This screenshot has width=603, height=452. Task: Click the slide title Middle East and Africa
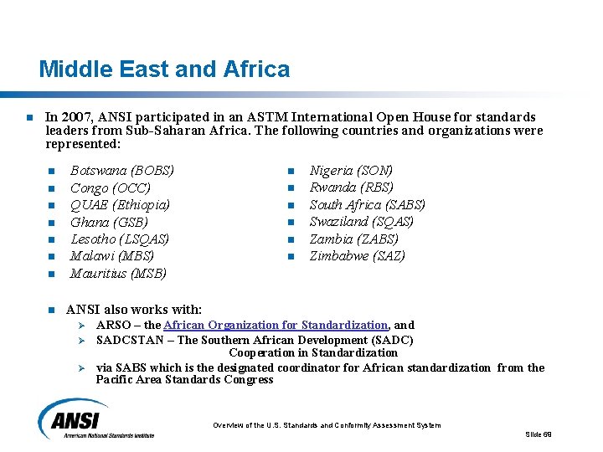(x=164, y=69)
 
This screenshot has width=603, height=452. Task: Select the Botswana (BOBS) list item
(x=122, y=171)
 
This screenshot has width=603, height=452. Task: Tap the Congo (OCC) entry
(x=111, y=187)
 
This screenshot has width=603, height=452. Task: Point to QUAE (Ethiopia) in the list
(x=121, y=205)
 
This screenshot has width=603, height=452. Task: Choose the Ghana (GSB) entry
(x=109, y=222)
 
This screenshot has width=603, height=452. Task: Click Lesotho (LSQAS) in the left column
(x=120, y=239)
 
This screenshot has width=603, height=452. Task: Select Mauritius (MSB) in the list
(x=118, y=273)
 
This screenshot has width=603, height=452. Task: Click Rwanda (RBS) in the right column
(x=352, y=187)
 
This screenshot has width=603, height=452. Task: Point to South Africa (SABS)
(x=368, y=205)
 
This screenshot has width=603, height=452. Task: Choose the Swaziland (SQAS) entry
(x=362, y=222)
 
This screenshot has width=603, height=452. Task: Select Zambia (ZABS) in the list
(x=354, y=239)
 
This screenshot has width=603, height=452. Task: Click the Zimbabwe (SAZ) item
(x=358, y=256)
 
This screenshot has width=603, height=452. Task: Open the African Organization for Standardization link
(x=276, y=325)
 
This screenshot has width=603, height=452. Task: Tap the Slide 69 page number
(x=539, y=434)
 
